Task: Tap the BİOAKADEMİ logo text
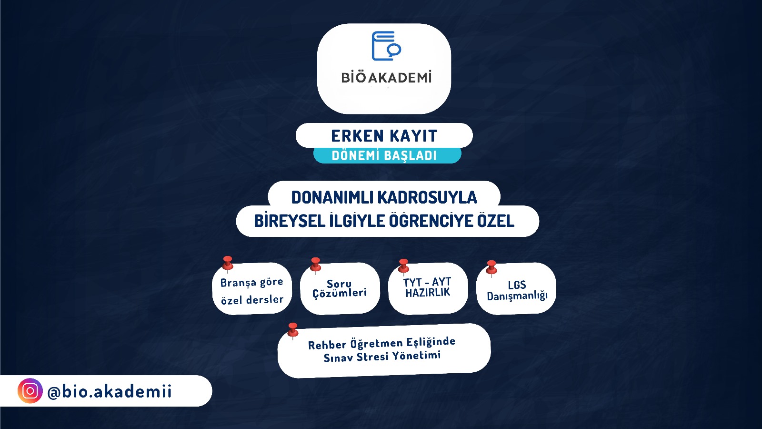tap(386, 77)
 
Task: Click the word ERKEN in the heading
tap(358, 136)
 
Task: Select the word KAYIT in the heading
tap(413, 136)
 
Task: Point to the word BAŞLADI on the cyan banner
tap(410, 155)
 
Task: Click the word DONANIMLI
tap(332, 197)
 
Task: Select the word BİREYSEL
tap(290, 221)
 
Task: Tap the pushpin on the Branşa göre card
tap(228, 265)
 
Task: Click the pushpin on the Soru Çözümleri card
tap(315, 266)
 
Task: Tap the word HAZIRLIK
tap(428, 293)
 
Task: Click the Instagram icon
tap(30, 391)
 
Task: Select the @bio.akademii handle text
tap(110, 391)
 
